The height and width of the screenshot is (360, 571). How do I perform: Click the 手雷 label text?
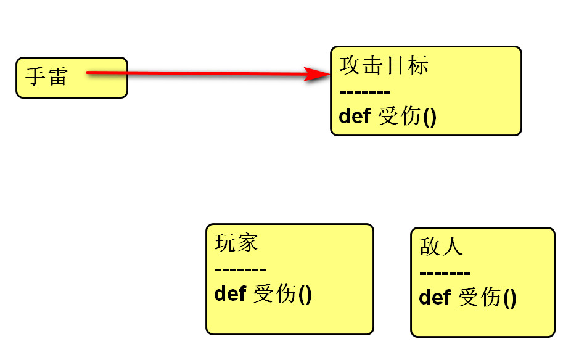click(x=46, y=78)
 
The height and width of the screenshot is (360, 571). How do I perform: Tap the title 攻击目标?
click(x=384, y=65)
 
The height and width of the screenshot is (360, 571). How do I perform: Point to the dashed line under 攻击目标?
click(x=365, y=92)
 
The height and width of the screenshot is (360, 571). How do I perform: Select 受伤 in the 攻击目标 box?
click(x=399, y=116)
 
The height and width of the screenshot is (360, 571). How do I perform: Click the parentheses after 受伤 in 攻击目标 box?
click(x=429, y=117)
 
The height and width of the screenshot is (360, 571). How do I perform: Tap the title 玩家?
click(x=236, y=243)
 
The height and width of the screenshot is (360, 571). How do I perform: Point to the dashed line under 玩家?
click(x=240, y=270)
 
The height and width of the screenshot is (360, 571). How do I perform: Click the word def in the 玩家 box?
click(x=230, y=293)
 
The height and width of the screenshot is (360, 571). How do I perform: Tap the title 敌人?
click(x=441, y=247)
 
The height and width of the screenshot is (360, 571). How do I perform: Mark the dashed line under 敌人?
click(x=445, y=274)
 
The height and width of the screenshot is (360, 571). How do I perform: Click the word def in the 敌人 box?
click(x=435, y=297)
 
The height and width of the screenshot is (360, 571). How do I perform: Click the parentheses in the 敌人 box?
click(x=509, y=298)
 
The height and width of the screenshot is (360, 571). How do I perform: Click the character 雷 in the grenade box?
click(x=56, y=78)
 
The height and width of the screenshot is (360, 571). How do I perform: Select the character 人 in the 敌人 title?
click(x=452, y=247)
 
